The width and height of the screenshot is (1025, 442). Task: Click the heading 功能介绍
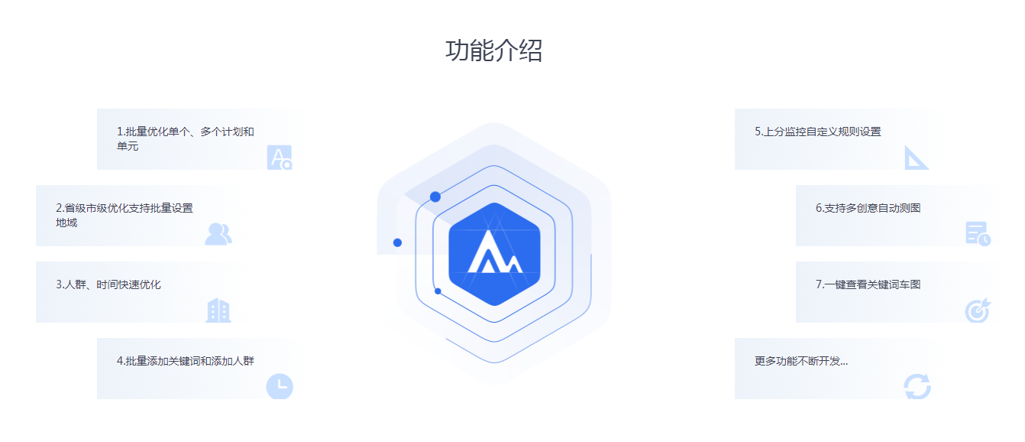493,50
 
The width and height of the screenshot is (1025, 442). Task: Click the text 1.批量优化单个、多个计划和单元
186,138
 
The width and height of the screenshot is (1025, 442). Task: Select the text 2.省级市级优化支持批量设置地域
124,216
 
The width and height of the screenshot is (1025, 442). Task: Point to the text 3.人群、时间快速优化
108,284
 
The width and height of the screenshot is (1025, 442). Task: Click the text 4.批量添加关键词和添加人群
186,361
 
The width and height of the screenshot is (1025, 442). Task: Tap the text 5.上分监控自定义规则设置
818,132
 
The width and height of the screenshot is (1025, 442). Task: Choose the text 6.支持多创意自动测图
868,208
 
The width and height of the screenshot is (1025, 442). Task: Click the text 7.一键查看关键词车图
868,284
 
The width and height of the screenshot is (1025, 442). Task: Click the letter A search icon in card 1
280,158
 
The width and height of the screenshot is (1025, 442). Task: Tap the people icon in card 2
218,234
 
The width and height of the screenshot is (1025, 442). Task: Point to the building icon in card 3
218,310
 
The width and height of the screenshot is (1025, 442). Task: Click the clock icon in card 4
280,387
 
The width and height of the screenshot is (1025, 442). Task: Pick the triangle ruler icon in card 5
916,158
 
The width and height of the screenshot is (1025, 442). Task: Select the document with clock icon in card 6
978,233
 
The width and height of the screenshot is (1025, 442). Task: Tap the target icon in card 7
978,310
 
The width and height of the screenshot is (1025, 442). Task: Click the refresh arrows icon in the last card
917,387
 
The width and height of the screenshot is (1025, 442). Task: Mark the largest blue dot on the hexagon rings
435,197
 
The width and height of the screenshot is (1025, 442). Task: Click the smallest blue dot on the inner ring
438,291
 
